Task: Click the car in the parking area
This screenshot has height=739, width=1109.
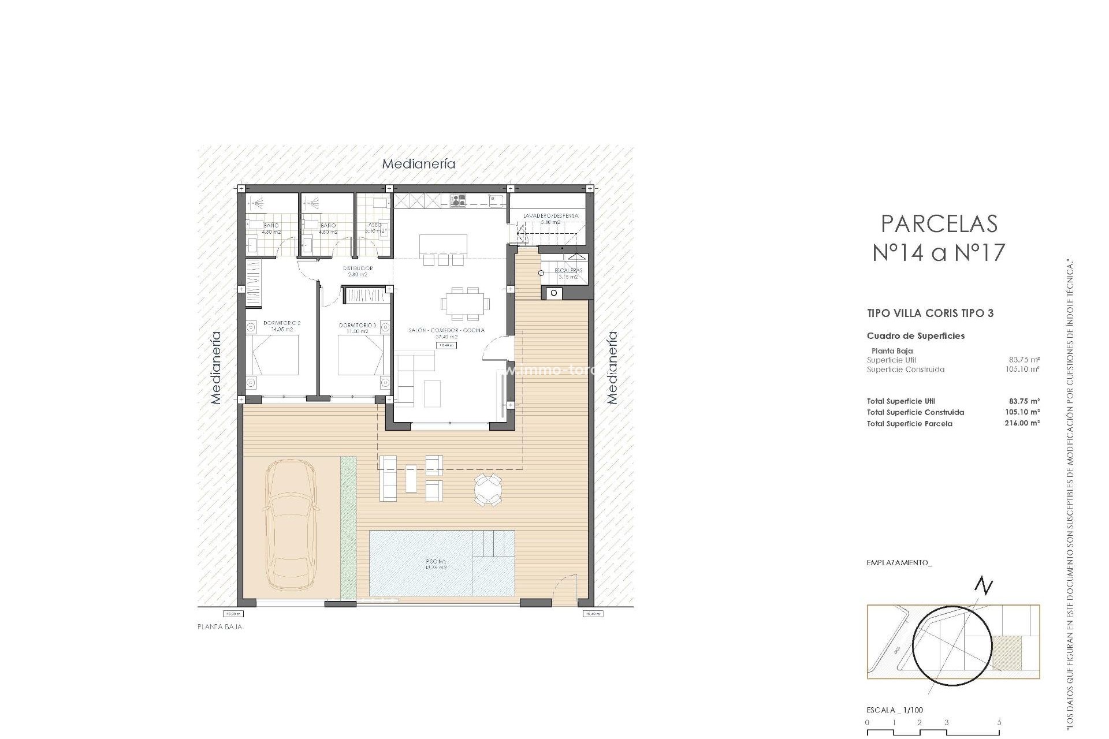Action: click(x=291, y=523)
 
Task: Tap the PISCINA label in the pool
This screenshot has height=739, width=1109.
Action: click(x=436, y=561)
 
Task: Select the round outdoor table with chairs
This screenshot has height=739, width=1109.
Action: click(x=489, y=490)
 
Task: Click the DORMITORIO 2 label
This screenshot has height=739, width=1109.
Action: click(x=282, y=323)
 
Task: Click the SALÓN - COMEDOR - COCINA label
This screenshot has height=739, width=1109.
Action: click(x=445, y=330)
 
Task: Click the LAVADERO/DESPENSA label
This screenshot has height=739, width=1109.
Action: click(x=550, y=216)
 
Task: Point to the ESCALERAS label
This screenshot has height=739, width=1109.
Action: click(x=568, y=270)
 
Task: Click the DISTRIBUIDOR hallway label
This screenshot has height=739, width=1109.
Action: click(x=358, y=268)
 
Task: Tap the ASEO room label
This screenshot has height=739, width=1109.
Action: click(x=374, y=226)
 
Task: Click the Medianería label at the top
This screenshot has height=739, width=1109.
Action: click(x=419, y=164)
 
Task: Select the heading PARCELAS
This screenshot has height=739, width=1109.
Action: click(x=939, y=223)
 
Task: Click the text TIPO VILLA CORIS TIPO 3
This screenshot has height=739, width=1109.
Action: click(x=930, y=313)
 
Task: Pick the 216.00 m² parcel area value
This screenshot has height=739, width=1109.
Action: click(x=1022, y=423)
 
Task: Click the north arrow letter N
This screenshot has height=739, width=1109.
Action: click(x=984, y=587)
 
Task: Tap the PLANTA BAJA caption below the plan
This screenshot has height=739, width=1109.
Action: click(x=219, y=627)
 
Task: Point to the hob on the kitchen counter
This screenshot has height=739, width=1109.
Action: click(x=459, y=200)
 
